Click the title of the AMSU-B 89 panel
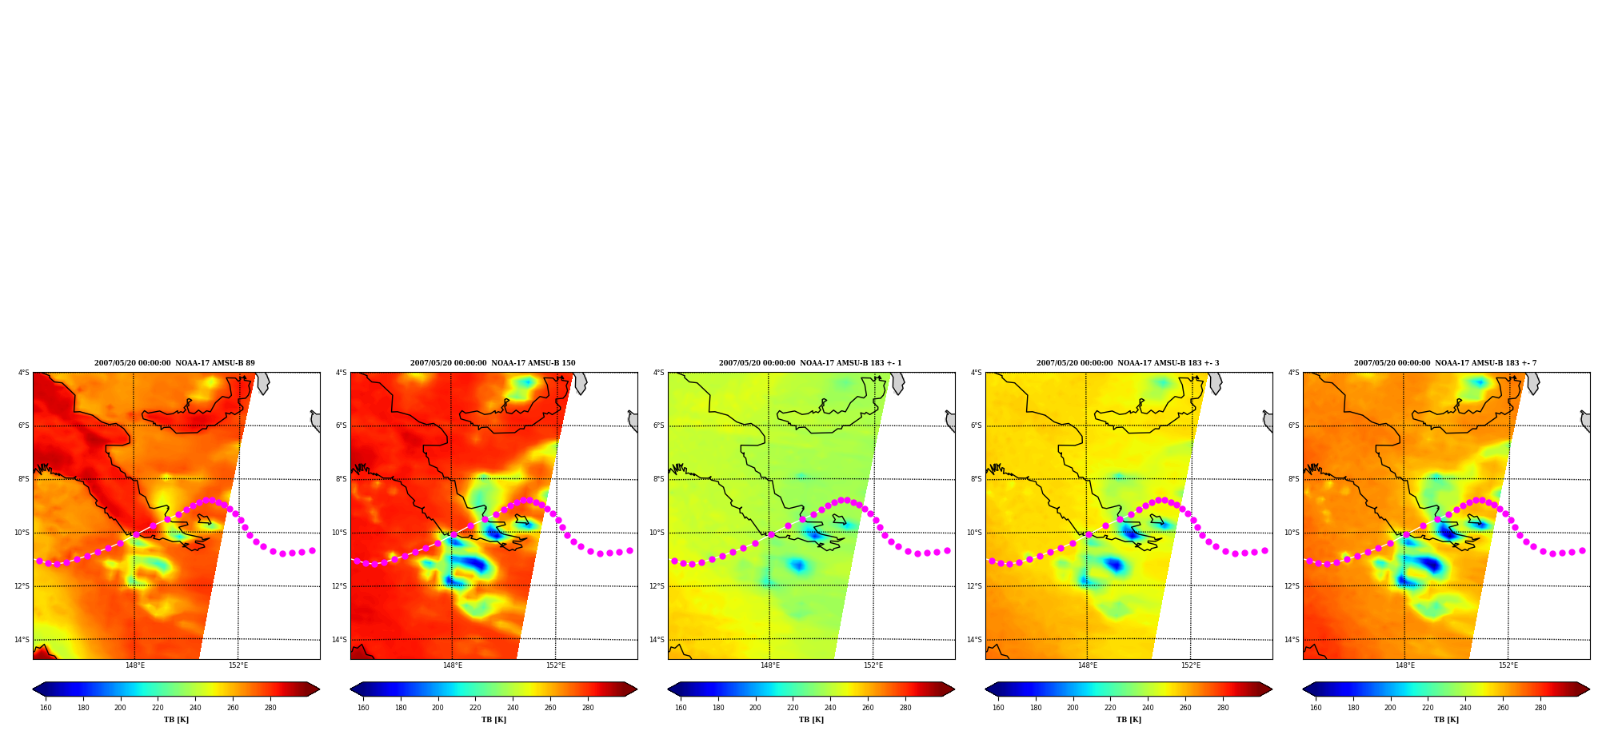point(174,363)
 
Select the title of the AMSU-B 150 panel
point(493,363)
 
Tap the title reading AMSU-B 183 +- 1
point(810,363)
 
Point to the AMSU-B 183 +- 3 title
point(1128,363)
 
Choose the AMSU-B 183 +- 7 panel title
point(1445,363)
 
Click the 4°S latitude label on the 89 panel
point(24,373)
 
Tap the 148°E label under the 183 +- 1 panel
point(770,665)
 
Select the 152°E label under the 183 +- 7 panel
point(1508,665)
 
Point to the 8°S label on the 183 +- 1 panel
point(659,479)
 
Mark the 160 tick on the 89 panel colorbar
point(46,708)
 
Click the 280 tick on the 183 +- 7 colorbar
point(1540,708)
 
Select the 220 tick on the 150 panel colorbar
point(475,708)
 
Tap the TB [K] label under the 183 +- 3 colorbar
point(1129,720)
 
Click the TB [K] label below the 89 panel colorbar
point(176,720)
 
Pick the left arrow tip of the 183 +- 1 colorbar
point(669,689)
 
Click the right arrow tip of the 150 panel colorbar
point(637,689)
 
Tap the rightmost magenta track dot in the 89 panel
point(312,550)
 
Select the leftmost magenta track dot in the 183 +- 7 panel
point(1309,561)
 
